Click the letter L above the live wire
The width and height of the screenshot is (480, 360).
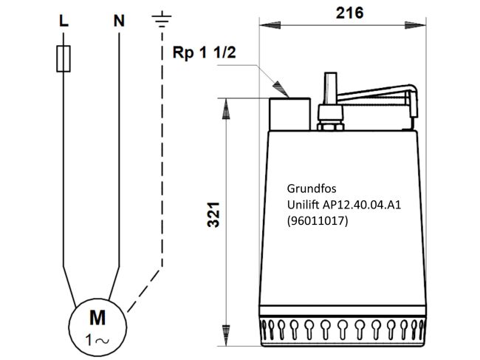[64, 21]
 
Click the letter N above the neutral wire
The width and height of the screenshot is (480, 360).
[119, 21]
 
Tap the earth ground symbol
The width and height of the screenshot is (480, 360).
[162, 19]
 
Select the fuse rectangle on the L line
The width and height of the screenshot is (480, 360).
[64, 59]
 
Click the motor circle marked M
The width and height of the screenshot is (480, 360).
[97, 327]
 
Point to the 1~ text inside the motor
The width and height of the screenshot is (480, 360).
[97, 340]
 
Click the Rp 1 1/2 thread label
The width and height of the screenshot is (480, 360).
[204, 52]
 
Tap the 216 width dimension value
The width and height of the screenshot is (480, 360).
[349, 13]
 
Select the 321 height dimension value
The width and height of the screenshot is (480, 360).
[213, 214]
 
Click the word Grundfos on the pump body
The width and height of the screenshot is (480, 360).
[312, 189]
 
